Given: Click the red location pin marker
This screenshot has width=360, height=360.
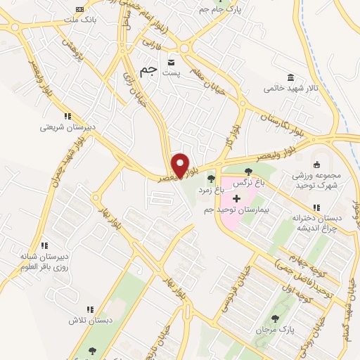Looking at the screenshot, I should coord(181,165).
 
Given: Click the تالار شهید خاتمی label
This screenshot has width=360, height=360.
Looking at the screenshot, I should coord(288,89).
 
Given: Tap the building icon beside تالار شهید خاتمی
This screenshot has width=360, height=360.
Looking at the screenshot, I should coord(290,77).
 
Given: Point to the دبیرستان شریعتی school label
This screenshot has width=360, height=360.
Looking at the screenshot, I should coord(67,127).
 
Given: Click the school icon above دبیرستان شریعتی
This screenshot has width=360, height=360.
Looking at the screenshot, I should coord(67,116).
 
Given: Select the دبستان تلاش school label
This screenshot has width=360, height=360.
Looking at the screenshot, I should coord(90,320).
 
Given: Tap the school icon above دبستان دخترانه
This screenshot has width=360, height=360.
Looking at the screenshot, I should coord(316,207).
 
